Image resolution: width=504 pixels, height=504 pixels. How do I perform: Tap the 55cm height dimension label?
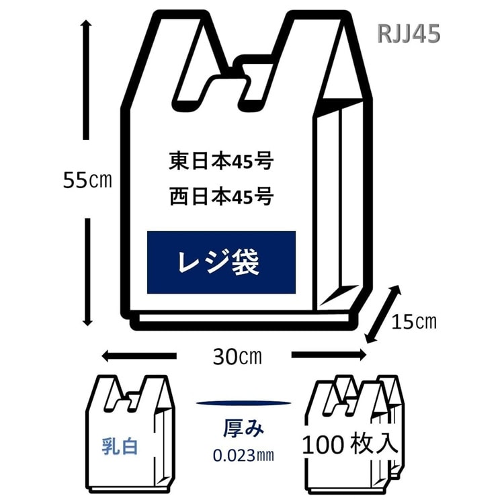pos(85,180)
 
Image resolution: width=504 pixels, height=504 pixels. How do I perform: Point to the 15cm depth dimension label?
pos(415,322)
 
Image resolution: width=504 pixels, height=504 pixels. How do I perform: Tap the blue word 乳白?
pos(120,446)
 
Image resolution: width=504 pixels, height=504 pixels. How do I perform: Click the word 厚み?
pos(243,428)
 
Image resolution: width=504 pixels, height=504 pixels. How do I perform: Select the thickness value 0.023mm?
pos(243,455)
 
